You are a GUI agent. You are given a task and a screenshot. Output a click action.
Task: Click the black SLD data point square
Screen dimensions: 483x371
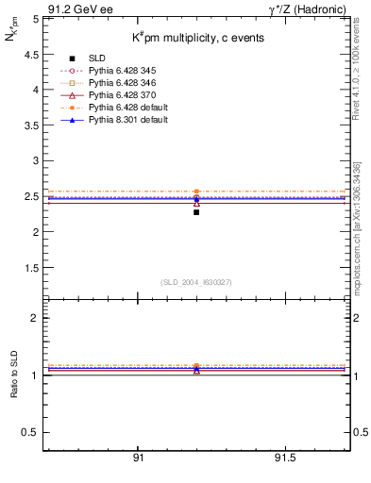[x=196, y=212]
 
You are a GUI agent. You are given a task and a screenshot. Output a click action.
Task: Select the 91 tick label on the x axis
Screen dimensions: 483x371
[x=139, y=457]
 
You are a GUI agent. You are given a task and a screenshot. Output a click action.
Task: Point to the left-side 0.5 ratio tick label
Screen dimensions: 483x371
[x=31, y=432]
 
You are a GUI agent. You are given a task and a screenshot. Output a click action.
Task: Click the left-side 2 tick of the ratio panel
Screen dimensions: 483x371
[x=36, y=318]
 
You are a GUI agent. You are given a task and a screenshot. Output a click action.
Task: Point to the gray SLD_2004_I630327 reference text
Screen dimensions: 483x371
[x=195, y=282]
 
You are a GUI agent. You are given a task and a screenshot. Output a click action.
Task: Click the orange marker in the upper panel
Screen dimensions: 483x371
[x=196, y=192]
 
